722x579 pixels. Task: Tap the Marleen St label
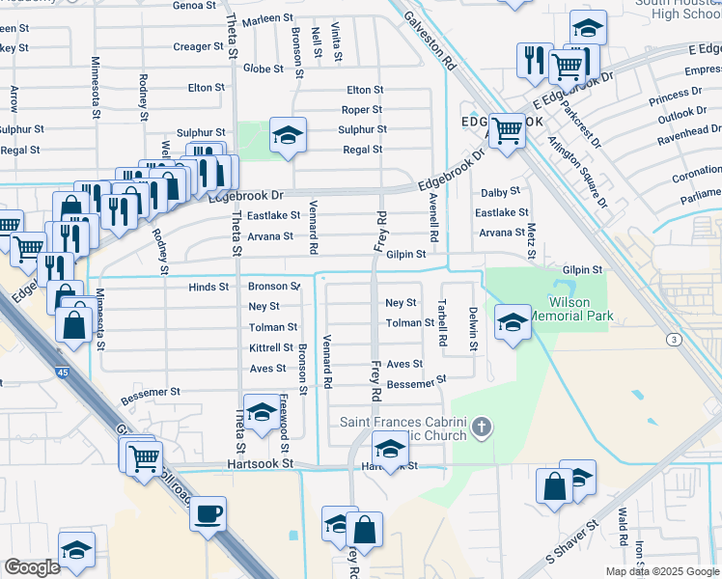click(x=267, y=18)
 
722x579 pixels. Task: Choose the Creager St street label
click(x=192, y=46)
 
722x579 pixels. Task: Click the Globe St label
click(x=263, y=69)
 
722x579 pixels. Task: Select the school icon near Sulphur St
click(x=287, y=138)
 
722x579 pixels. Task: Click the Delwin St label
click(x=473, y=329)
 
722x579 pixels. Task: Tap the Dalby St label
click(x=501, y=192)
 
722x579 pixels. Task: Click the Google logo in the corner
click(x=33, y=567)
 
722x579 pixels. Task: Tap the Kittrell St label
click(x=271, y=347)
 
